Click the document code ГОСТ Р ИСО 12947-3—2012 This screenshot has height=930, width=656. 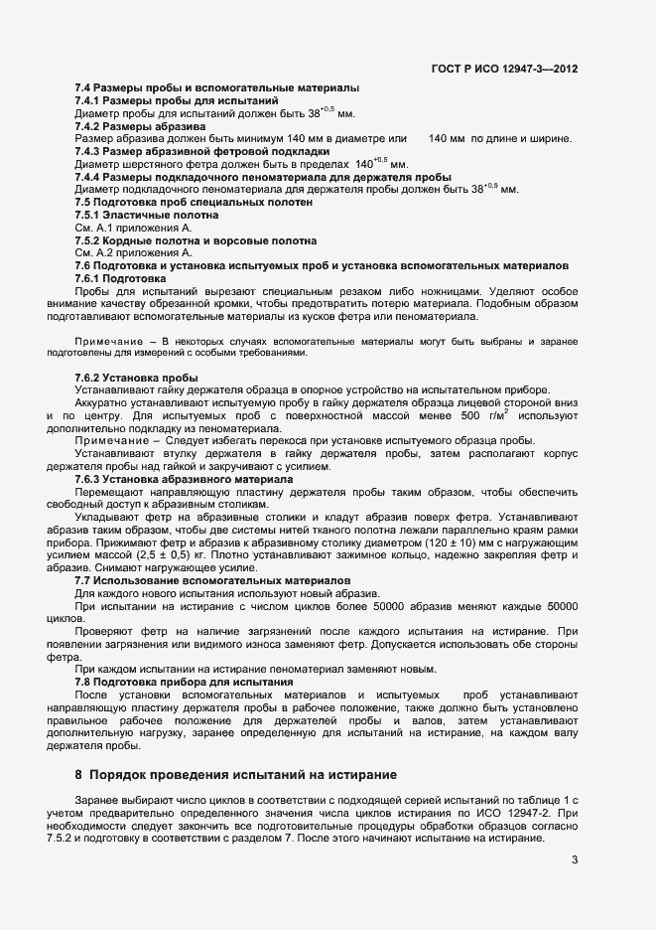pos(504,69)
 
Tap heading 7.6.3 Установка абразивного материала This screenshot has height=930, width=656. pos(184,478)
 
